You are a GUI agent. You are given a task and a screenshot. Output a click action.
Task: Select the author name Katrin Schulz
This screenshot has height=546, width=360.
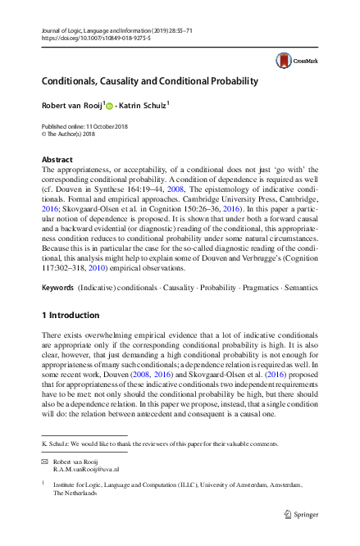[x=144, y=105]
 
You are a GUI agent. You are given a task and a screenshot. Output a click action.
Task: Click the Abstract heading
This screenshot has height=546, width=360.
[x=57, y=159]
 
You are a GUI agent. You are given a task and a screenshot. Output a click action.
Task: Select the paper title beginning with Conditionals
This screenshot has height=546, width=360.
[x=150, y=81]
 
